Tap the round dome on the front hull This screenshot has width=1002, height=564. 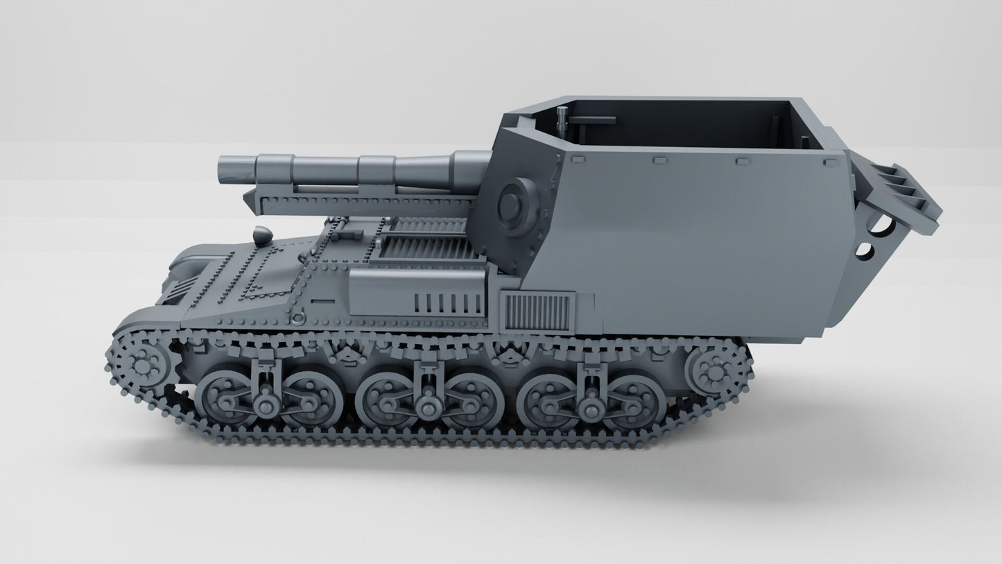click(262, 235)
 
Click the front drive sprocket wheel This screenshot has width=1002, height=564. click(142, 364)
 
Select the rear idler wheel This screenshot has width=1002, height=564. click(714, 368)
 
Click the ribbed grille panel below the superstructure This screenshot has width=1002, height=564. click(537, 311)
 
